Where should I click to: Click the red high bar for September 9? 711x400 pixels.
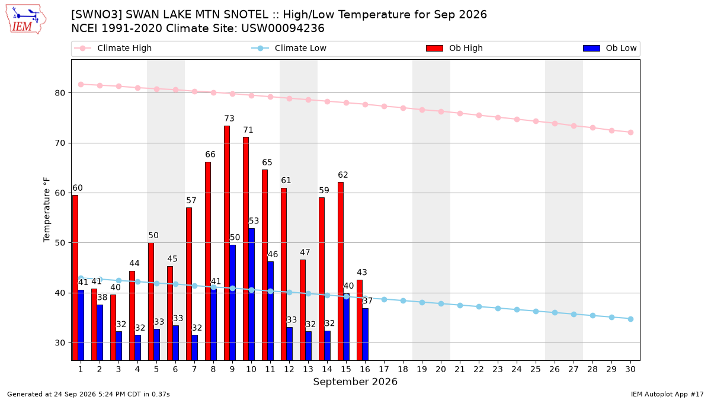pos(227,243)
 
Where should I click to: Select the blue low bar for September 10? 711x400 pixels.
pos(251,295)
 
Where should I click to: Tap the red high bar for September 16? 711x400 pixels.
pos(360,320)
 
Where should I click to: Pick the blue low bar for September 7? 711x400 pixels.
pos(194,348)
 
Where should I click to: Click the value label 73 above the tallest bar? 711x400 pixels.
pos(229,119)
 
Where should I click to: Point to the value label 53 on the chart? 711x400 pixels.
pos(254,221)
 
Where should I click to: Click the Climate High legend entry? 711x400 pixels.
pos(113,48)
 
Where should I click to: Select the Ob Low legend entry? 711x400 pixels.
pos(610,48)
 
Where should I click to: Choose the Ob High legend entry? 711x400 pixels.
pos(454,48)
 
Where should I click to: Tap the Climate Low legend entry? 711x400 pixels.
pos(289,48)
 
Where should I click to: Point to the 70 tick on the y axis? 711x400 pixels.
pos(60,143)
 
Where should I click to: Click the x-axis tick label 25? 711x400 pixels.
pos(536,369)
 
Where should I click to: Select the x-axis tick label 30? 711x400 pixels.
pos(630,369)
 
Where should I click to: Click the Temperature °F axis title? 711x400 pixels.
pos(47,210)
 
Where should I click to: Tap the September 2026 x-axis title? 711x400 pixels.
pos(355,382)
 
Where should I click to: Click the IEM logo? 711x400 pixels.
pos(26,20)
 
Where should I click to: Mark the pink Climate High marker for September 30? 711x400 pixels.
pos(630,132)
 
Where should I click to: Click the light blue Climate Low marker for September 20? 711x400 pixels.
pos(441,304)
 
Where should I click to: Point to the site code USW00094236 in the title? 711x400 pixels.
pos(283,28)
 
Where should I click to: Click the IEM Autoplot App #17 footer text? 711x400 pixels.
pos(667,394)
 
